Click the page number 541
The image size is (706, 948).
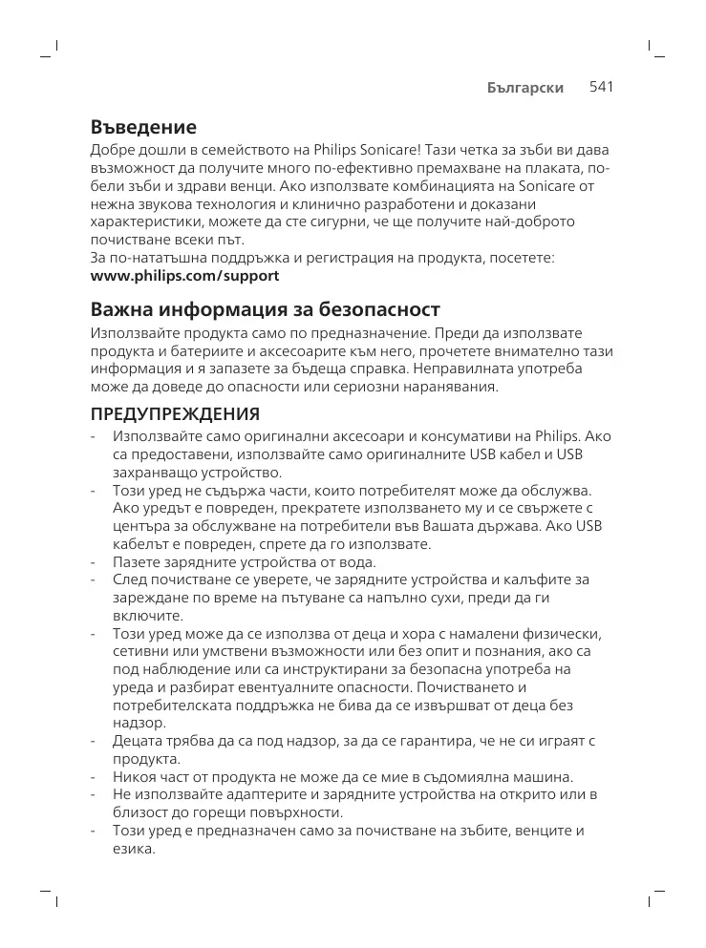click(600, 87)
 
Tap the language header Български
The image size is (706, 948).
click(524, 88)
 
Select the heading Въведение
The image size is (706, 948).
click(143, 127)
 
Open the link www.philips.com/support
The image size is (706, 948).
click(184, 276)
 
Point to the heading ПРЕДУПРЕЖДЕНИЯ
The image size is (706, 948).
click(175, 415)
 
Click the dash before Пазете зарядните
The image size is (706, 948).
click(94, 562)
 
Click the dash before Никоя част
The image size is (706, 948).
click(94, 777)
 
